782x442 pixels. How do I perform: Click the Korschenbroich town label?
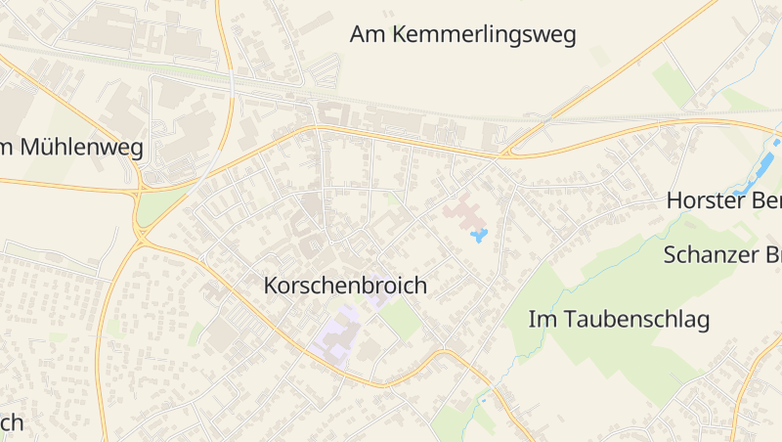click(x=345, y=286)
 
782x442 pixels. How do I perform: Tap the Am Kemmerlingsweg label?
click(x=462, y=35)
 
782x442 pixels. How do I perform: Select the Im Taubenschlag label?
click(x=619, y=319)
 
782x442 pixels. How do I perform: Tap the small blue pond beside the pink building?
click(x=478, y=236)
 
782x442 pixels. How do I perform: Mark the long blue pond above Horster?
click(x=758, y=169)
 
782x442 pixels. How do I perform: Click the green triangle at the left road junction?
click(x=156, y=205)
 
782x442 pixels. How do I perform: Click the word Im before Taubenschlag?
click(x=541, y=319)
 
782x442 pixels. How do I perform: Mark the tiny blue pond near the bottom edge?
click(x=482, y=400)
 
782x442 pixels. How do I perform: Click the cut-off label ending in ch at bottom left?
click(x=10, y=422)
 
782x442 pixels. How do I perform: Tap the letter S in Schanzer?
click(x=670, y=255)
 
